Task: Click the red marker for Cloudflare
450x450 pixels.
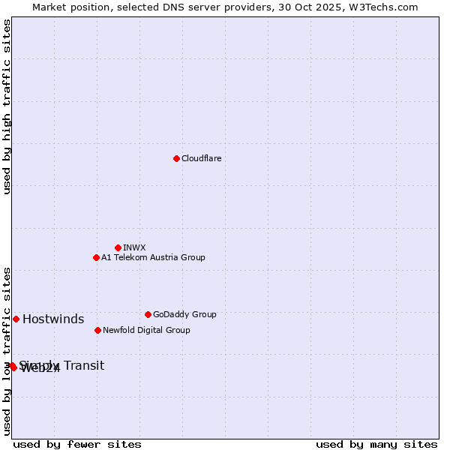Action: (x=176, y=158)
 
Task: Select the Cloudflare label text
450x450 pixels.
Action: (x=202, y=159)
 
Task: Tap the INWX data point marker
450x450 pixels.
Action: (x=118, y=247)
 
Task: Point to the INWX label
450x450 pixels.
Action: (x=134, y=248)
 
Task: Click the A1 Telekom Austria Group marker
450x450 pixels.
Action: (x=96, y=257)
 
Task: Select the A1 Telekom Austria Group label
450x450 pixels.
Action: (x=153, y=258)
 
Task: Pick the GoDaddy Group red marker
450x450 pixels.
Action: (x=148, y=314)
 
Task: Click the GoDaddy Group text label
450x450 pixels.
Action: (x=184, y=315)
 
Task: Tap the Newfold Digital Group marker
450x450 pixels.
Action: (x=97, y=330)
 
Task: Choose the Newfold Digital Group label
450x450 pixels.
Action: (x=146, y=331)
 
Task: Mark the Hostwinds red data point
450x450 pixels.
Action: (x=16, y=319)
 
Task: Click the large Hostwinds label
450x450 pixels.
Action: (x=53, y=319)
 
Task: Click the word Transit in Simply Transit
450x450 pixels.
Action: (x=84, y=366)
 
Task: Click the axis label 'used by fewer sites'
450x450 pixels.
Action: (x=77, y=445)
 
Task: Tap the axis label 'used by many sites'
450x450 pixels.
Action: (x=376, y=445)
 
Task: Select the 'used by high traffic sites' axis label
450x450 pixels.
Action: (x=7, y=106)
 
